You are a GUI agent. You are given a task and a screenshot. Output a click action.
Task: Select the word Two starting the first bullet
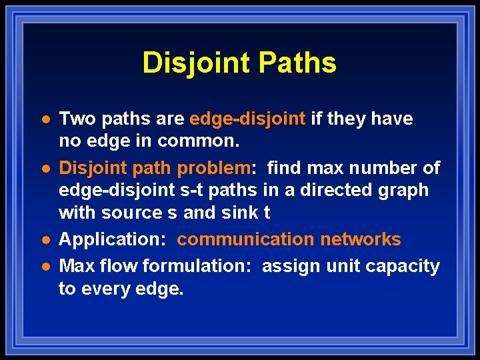(x=75, y=119)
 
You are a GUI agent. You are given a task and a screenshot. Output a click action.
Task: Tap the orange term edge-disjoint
(x=247, y=119)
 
